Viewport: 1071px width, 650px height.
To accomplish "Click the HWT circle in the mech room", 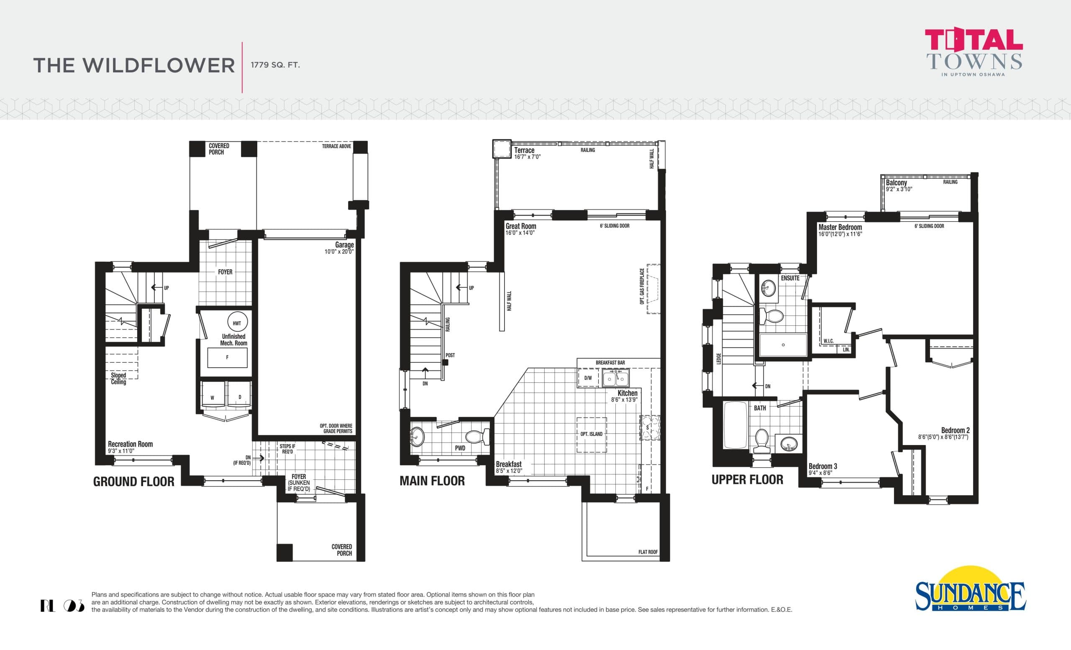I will (237, 322).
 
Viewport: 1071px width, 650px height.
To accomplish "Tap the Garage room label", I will (344, 245).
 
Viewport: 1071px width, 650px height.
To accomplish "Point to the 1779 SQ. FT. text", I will (275, 65).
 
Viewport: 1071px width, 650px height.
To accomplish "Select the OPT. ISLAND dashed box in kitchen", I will (592, 434).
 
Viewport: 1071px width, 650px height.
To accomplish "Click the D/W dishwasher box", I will (588, 378).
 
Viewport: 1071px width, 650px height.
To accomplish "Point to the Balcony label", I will (896, 182).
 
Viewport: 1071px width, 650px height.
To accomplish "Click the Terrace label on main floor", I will (524, 150).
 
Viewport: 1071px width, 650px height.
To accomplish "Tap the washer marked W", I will (213, 397).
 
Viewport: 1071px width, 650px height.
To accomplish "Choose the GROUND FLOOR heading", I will (133, 481).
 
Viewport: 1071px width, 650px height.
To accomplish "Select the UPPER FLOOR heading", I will (747, 480).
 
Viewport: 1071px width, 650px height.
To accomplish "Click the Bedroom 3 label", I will (822, 466).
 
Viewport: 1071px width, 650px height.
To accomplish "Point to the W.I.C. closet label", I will (828, 340).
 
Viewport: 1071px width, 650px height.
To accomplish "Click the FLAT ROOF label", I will (648, 552).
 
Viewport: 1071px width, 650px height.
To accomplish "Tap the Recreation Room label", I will (130, 444).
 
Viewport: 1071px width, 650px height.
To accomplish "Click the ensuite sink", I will (769, 287).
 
